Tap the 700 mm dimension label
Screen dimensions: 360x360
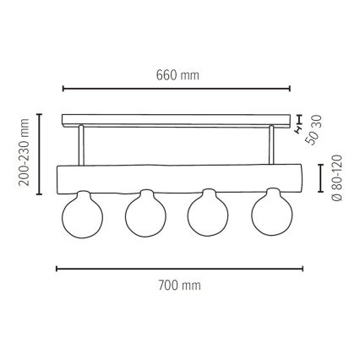179,285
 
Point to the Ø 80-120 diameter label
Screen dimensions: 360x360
336,177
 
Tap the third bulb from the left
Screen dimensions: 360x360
207,219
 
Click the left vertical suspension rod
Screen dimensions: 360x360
81,145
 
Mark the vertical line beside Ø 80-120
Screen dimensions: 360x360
319,177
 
